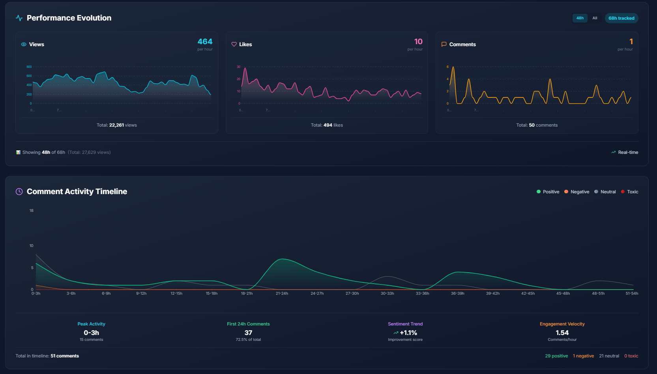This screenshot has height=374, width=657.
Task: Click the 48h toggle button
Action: pyautogui.click(x=580, y=18)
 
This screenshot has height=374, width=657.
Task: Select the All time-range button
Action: pyautogui.click(x=595, y=18)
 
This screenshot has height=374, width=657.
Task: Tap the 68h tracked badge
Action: pyautogui.click(x=621, y=18)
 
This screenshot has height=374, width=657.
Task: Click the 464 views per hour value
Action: pyautogui.click(x=205, y=42)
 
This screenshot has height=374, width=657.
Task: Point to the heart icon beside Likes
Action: pyautogui.click(x=234, y=44)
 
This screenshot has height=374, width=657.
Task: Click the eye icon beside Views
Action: pyautogui.click(x=24, y=44)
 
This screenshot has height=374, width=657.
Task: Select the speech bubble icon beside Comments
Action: pyautogui.click(x=444, y=44)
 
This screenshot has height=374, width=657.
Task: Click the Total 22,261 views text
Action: pyautogui.click(x=117, y=125)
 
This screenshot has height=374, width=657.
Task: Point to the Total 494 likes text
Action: pyautogui.click(x=327, y=125)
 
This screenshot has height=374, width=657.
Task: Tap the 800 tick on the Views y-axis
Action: pyautogui.click(x=29, y=67)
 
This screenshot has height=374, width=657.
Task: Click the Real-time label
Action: pyautogui.click(x=628, y=152)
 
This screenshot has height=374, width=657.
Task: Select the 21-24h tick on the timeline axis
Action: pyautogui.click(x=282, y=294)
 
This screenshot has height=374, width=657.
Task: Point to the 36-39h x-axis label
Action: pyautogui.click(x=457, y=294)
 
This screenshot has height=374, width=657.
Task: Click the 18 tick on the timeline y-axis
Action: pyautogui.click(x=32, y=211)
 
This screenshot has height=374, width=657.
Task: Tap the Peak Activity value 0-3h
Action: pyautogui.click(x=91, y=333)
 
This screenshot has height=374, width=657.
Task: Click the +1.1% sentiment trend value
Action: pyautogui.click(x=408, y=333)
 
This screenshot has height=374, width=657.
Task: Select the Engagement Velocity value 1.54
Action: pyautogui.click(x=562, y=333)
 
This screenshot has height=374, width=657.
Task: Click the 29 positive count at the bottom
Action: pyautogui.click(x=556, y=356)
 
